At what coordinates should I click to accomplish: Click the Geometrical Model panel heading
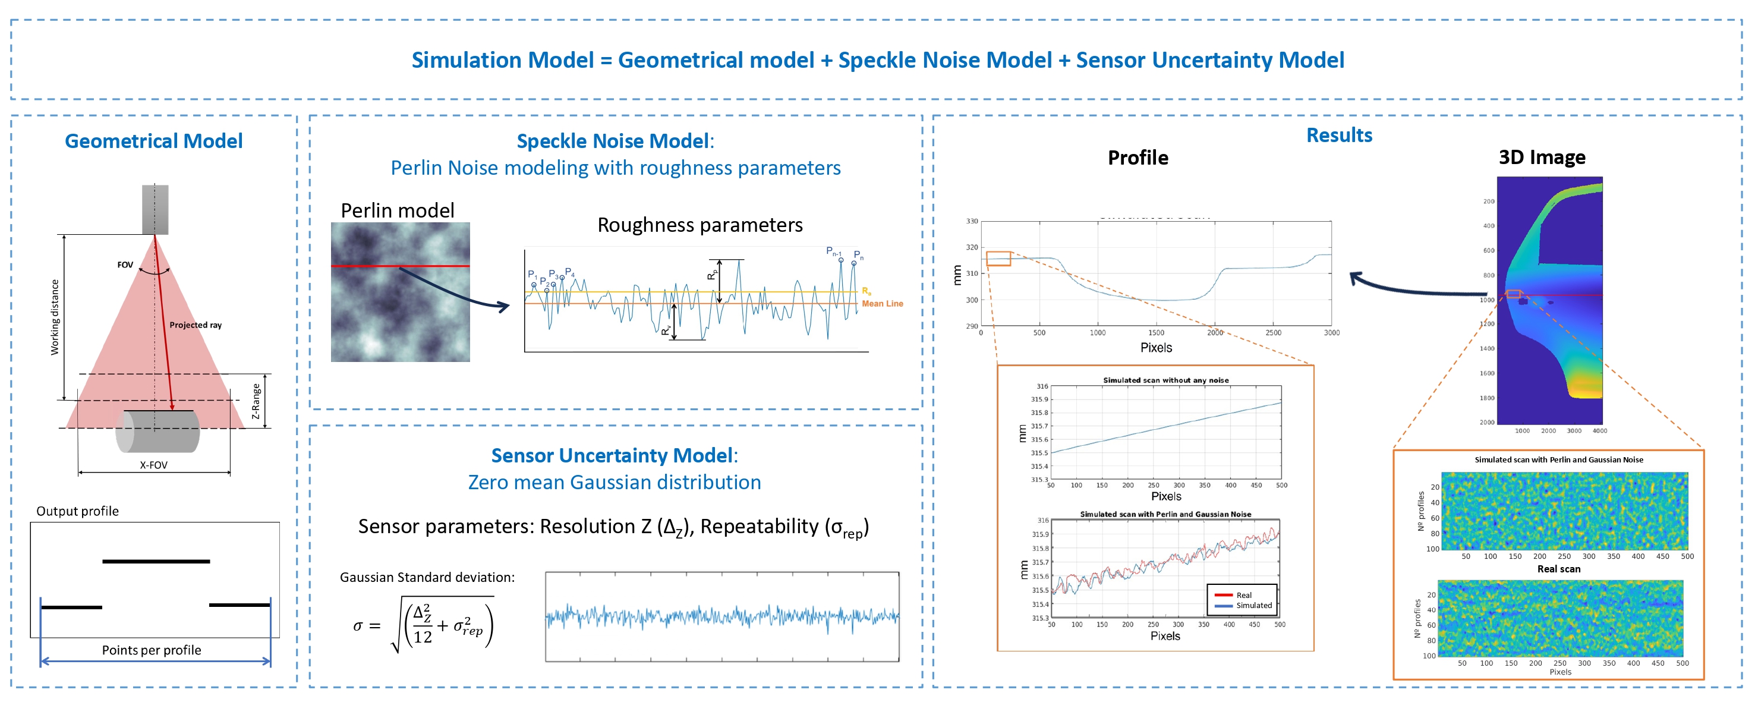coord(153,141)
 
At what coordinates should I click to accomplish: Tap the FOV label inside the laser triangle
coord(125,265)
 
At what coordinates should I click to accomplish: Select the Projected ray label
coord(196,325)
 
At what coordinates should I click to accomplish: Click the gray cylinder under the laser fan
coord(158,432)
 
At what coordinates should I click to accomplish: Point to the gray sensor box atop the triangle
coord(155,209)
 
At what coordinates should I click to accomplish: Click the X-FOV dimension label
coord(153,465)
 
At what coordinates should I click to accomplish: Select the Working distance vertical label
coord(55,317)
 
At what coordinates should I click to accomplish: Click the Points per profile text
coord(151,650)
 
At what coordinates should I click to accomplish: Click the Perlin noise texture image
coord(400,292)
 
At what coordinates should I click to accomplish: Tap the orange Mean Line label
coord(883,304)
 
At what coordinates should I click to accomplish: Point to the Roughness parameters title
coord(700,225)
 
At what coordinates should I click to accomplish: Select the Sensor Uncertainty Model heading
coord(614,455)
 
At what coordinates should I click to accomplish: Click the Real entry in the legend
coord(1243,595)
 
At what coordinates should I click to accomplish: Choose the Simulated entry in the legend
coord(1253,605)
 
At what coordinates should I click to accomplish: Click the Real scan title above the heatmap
coord(1558,569)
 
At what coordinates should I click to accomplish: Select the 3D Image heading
coord(1541,158)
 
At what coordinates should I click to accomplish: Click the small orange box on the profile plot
coord(998,259)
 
